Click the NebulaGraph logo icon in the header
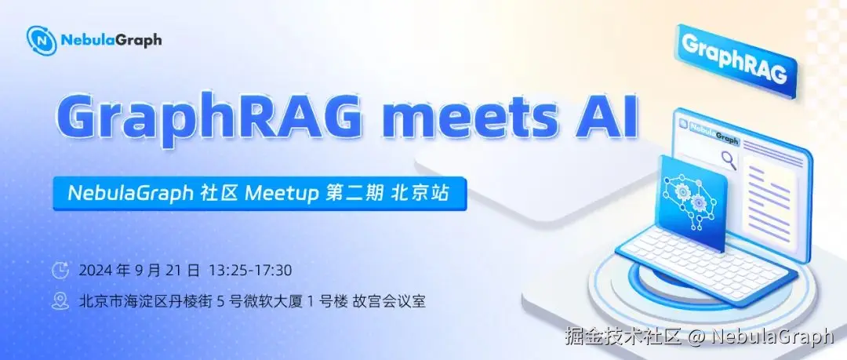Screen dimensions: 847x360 point(42,41)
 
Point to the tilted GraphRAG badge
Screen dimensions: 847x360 point(736,60)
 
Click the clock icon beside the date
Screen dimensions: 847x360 point(60,271)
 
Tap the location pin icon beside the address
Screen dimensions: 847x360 point(60,301)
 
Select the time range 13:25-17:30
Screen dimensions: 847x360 point(250,271)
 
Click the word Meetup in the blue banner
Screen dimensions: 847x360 point(282,194)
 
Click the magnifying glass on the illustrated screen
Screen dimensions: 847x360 point(729,159)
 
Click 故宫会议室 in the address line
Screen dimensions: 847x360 point(389,301)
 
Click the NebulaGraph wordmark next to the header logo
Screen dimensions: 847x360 point(111,40)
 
